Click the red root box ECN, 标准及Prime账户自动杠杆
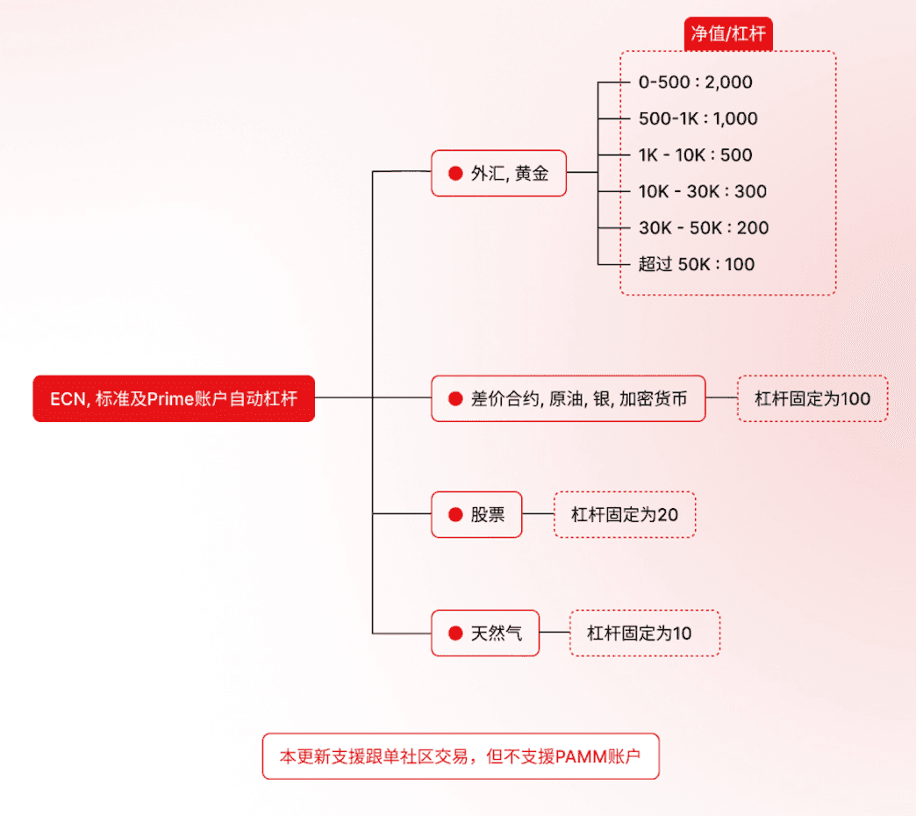(174, 399)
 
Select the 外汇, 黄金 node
(498, 173)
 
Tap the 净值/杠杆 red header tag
(727, 34)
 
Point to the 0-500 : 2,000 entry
(695, 82)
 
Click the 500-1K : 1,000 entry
(698, 118)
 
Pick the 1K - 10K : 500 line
(695, 155)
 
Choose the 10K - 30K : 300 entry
(702, 191)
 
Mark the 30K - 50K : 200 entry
(703, 228)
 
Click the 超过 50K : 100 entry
(696, 264)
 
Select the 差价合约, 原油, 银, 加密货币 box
(568, 399)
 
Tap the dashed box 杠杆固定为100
(812, 399)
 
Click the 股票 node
(476, 514)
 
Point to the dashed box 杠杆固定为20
(625, 514)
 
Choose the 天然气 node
(485, 633)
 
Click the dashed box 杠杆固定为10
(644, 633)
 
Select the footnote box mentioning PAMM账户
(460, 756)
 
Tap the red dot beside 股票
(455, 515)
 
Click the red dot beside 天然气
(455, 633)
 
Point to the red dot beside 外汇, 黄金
(455, 173)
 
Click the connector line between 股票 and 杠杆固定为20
(538, 514)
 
